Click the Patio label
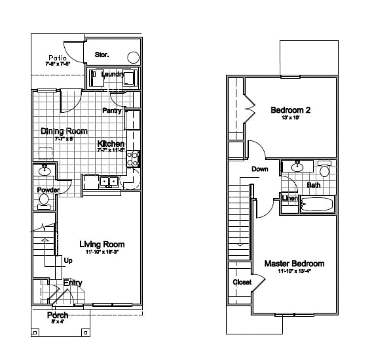(56, 58)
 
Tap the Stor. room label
(102, 54)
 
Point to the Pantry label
(112, 111)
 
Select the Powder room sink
(45, 172)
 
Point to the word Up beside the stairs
(68, 260)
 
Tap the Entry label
(73, 283)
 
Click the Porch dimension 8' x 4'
(58, 322)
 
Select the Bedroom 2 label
(290, 110)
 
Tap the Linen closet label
(289, 197)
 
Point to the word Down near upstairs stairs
(259, 169)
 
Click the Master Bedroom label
(293, 264)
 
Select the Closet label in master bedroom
(242, 283)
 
